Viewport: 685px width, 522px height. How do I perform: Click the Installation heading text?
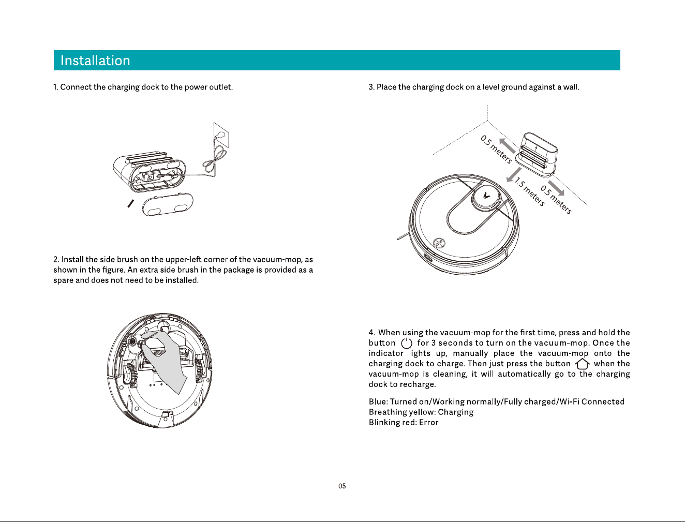pos(95,61)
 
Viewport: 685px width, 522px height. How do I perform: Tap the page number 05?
pos(342,486)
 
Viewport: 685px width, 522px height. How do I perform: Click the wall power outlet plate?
pos(221,135)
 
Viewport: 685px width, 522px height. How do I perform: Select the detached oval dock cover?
pos(168,204)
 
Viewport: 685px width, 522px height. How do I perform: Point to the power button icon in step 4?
pos(407,343)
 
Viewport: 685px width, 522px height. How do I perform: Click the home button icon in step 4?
pos(582,364)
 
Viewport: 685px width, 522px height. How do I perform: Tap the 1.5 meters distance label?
pos(530,192)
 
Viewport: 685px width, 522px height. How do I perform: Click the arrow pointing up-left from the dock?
pos(507,146)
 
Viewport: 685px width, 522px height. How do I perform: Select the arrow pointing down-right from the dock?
pos(556,188)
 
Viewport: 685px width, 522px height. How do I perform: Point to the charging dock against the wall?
pos(536,155)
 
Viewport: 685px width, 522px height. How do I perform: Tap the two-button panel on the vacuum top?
pos(439,243)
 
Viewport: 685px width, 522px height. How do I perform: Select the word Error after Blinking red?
pos(428,423)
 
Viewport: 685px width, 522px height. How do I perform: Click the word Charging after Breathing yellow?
pos(455,412)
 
